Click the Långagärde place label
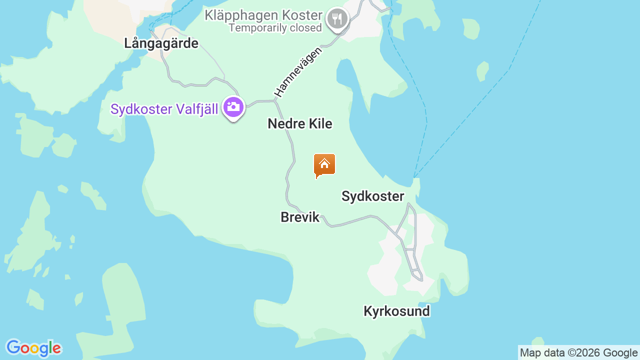pos(161,43)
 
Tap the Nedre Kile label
pos(300,123)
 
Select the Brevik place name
pos(300,217)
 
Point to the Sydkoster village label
pos(372,196)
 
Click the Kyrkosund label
pos(396,311)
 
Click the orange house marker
pos(324,164)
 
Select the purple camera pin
pos(233,107)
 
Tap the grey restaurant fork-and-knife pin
pos(337,19)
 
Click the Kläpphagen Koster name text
pos(263,15)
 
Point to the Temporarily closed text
pos(275,28)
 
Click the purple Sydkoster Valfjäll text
pos(164,109)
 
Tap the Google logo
pos(33,348)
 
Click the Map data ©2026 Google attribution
pos(578,353)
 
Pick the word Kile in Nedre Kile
pos(320,123)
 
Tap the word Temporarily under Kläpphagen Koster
pos(257,28)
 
